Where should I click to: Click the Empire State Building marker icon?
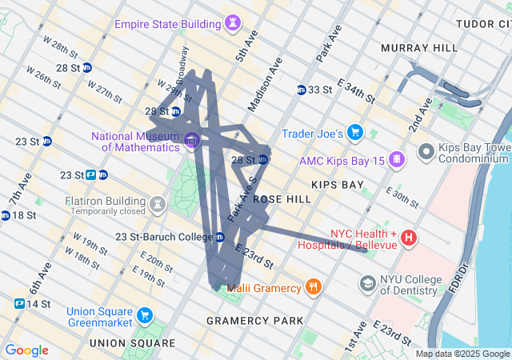point(232,22)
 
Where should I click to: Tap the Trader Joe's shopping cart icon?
point(355,133)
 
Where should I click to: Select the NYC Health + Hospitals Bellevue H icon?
point(409,238)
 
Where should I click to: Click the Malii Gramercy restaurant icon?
point(313,287)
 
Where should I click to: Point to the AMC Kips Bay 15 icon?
point(395,160)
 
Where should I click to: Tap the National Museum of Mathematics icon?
point(190,142)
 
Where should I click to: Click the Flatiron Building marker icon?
point(158,204)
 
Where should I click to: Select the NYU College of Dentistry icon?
point(367,284)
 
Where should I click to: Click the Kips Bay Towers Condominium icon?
point(426,150)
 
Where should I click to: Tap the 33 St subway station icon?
point(302,90)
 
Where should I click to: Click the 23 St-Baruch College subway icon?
point(219,237)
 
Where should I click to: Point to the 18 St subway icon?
point(6,215)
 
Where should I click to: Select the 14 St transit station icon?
point(18,304)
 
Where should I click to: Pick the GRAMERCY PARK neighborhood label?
point(254,321)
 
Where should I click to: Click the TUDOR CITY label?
point(483,24)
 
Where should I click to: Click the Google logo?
point(26,350)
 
